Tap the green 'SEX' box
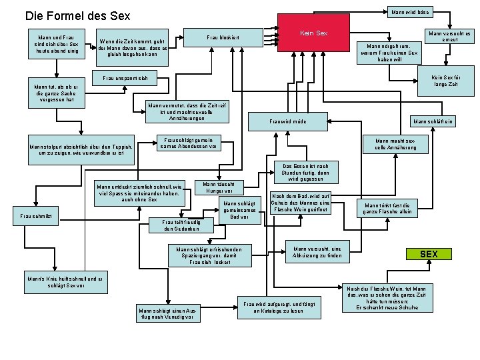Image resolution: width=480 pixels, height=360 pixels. pos(429,254)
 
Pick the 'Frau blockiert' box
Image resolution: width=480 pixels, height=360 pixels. pos(223,37)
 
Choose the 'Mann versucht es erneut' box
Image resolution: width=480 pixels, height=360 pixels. pos(449,37)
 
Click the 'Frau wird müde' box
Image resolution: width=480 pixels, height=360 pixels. pos(287,122)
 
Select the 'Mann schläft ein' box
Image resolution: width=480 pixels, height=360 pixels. pos(433,121)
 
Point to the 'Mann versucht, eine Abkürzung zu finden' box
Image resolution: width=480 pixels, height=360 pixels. pos(317,253)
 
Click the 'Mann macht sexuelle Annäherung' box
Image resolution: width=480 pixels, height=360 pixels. pos(395,144)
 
